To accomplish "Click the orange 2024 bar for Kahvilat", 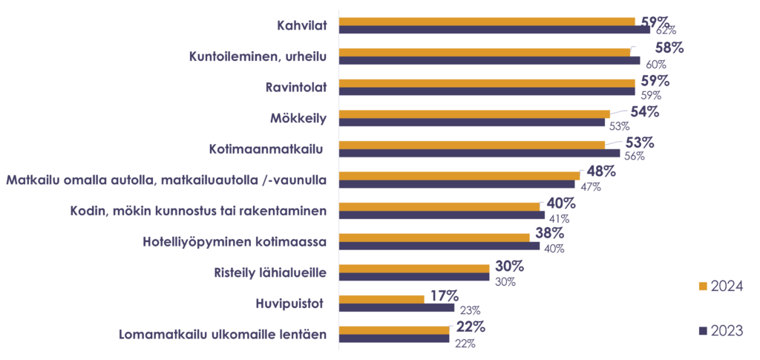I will coord(488,22).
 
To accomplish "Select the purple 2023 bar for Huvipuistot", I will coord(397,307).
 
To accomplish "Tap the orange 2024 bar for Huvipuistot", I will coord(382,298).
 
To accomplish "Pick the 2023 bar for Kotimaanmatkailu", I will coord(479,154).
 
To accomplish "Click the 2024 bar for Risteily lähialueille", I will coord(415,268).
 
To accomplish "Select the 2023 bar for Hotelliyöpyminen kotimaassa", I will coord(439,246).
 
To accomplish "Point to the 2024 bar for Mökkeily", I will coord(474,114).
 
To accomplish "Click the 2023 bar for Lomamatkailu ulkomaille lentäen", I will coord(394,338).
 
